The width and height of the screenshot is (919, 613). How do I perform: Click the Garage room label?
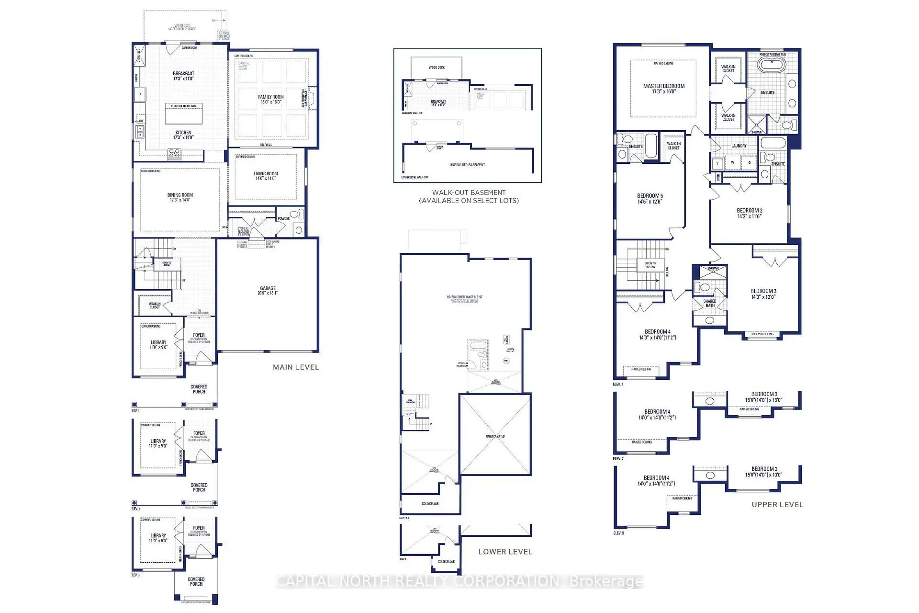[268, 288]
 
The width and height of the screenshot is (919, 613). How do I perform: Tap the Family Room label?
[271, 97]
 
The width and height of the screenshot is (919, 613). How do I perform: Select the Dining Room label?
[180, 195]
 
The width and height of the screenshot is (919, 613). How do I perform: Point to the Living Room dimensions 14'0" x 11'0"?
[266, 179]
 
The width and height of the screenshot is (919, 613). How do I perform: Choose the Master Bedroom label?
[664, 86]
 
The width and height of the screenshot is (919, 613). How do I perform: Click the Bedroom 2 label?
[750, 210]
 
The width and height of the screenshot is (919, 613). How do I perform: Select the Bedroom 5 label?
[650, 196]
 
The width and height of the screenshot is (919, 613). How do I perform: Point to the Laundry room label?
[739, 146]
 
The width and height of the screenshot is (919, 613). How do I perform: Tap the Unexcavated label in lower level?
[495, 436]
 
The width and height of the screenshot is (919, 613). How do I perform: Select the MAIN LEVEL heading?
[296, 367]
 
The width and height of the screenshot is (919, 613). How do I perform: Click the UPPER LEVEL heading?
[777, 505]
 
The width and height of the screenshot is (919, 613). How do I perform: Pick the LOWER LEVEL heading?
[505, 552]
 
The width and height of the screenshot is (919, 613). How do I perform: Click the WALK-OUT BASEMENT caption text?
[469, 193]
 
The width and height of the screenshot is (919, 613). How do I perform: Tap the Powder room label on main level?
[284, 218]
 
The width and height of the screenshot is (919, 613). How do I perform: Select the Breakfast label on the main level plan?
[183, 74]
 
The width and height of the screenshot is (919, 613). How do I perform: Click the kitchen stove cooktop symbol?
[174, 153]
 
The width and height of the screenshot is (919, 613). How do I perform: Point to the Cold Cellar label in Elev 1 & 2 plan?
[430, 504]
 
